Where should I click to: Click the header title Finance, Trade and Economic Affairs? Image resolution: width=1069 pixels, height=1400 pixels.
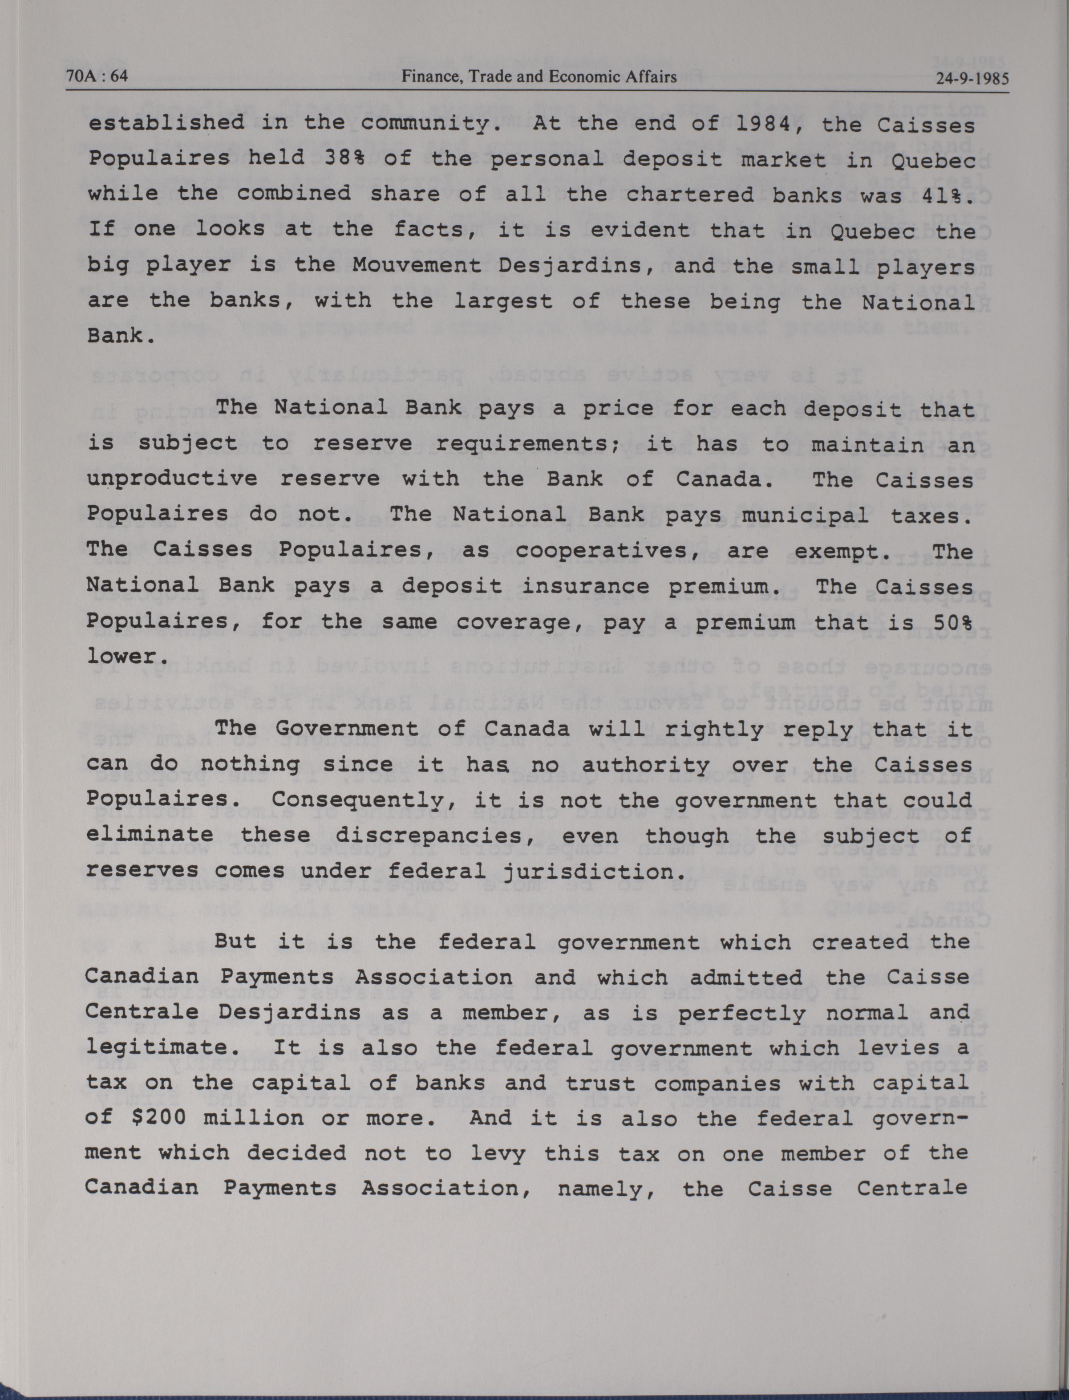(539, 77)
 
